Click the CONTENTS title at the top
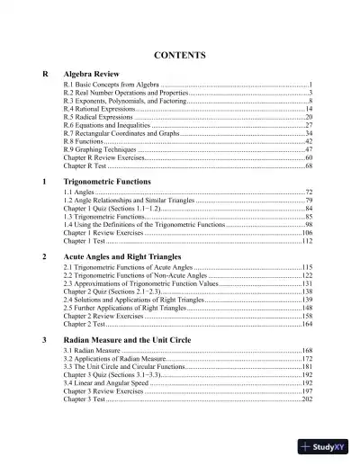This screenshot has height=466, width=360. click(x=181, y=55)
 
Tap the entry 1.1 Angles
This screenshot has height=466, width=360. click(x=78, y=193)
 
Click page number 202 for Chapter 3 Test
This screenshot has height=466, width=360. click(x=307, y=399)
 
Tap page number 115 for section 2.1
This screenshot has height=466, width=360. click(x=307, y=268)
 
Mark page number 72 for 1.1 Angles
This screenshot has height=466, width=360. click(x=309, y=193)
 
